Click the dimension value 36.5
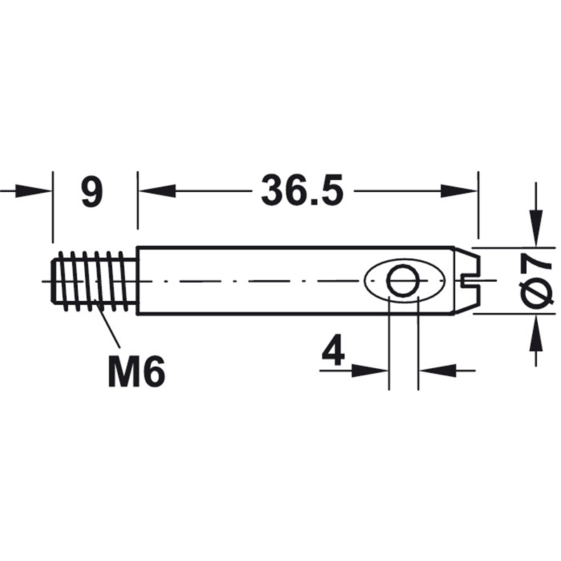click(x=302, y=190)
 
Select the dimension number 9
click(x=92, y=191)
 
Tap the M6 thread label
click(x=136, y=372)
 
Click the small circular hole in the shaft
click(x=404, y=281)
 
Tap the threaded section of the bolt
click(x=94, y=281)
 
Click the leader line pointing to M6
click(x=107, y=322)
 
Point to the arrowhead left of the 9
click(x=34, y=191)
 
